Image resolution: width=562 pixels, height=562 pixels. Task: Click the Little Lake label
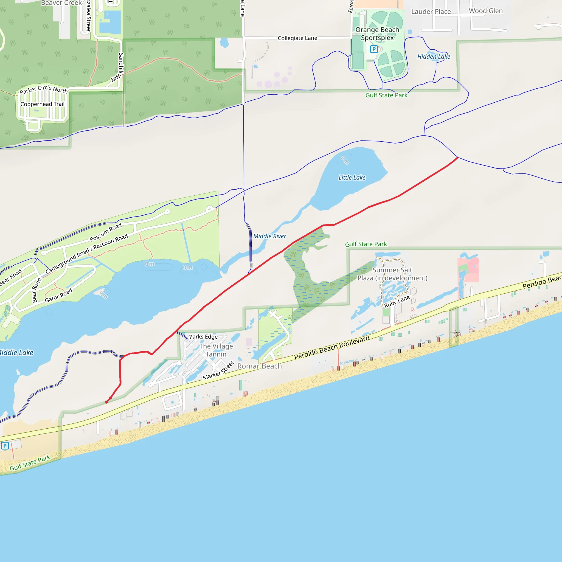352,178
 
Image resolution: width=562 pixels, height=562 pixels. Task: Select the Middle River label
270,236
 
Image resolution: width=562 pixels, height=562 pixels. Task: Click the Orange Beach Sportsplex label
377,34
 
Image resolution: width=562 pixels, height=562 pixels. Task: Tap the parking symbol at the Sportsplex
374,49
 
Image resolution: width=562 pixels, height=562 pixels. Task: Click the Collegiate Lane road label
297,38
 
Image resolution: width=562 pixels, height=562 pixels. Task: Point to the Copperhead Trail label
43,104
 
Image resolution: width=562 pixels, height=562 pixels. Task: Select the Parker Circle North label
44,89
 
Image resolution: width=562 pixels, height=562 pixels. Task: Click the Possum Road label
106,232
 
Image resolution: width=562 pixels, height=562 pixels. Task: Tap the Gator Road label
58,296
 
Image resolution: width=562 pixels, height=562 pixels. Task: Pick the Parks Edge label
203,336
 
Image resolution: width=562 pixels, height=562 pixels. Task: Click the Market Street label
218,370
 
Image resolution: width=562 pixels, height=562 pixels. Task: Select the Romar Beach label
260,366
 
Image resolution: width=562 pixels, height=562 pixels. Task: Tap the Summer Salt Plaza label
392,274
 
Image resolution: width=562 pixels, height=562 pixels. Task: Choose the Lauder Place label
431,12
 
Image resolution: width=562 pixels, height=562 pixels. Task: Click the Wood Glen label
485,11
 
